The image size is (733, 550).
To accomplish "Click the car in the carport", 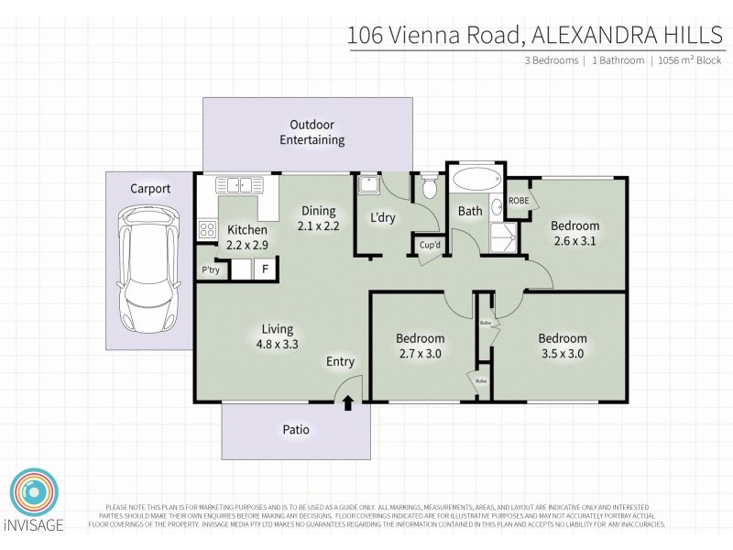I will (x=149, y=268).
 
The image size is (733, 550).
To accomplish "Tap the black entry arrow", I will (x=348, y=403).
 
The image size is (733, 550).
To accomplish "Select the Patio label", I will (x=295, y=429).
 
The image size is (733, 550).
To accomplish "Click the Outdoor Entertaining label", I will (x=312, y=132).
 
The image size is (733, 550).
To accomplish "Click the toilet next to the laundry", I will (x=429, y=189).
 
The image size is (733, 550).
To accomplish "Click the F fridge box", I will (x=266, y=269).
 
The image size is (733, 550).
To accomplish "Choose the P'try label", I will (x=210, y=270).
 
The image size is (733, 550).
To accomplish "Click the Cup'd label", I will (x=430, y=245).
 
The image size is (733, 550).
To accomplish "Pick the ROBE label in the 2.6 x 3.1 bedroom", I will (x=519, y=201).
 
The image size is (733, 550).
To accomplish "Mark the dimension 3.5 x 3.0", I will (x=563, y=353).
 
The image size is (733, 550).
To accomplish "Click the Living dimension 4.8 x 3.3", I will (x=277, y=344).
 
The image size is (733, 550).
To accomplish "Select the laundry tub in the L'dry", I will (x=368, y=186).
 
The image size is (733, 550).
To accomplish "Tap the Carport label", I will (x=149, y=189).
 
